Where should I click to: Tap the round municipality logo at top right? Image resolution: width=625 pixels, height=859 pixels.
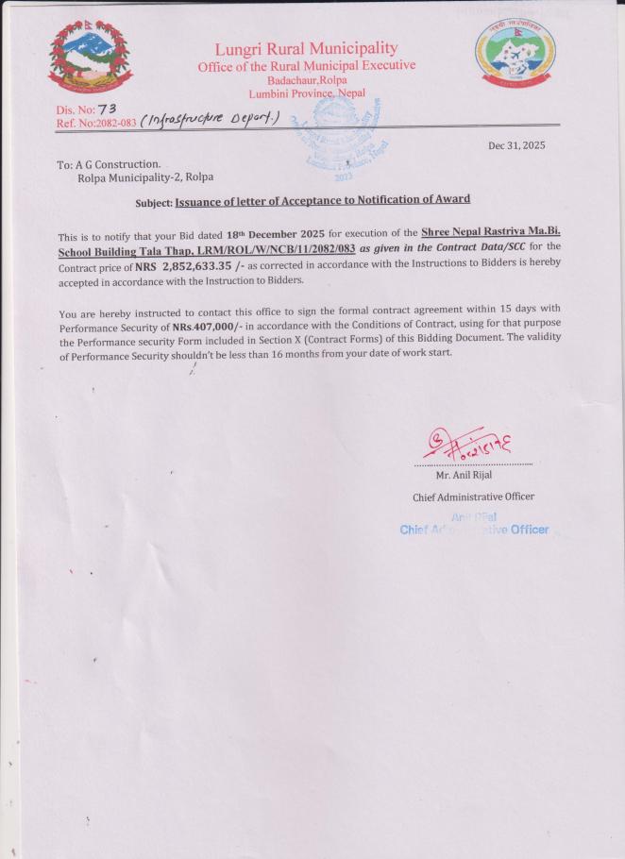pyautogui.click(x=514, y=55)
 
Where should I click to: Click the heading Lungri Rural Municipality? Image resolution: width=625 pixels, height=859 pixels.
pyautogui.click(x=306, y=48)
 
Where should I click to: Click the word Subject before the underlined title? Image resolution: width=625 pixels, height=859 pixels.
pyautogui.click(x=154, y=202)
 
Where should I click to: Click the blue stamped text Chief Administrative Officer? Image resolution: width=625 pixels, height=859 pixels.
pyautogui.click(x=474, y=529)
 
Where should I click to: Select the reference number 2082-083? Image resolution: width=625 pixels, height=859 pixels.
pyautogui.click(x=114, y=123)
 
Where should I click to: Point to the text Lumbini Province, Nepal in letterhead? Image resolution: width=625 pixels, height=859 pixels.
pyautogui.click(x=307, y=93)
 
